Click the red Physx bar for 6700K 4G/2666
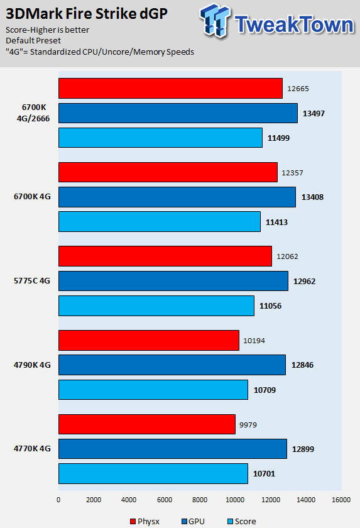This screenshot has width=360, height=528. coord(171,88)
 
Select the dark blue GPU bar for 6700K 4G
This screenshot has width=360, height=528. coord(177,197)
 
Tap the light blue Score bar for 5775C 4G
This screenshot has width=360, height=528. coord(156,305)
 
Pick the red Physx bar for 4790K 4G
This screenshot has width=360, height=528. coord(149,340)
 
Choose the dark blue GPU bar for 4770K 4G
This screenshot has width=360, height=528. coord(173,449)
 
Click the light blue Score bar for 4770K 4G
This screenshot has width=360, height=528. coord(153,473)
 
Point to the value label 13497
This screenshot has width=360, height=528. coord(314,114)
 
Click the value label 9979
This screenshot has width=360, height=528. coord(248,425)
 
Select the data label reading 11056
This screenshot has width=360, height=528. coord(271,306)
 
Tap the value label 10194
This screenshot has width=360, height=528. coord(254,341)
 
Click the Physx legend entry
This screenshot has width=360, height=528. coord(145,521)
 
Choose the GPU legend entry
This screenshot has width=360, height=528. coord(193,521)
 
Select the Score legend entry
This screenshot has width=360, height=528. coord(242,521)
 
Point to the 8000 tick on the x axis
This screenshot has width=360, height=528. coord(200,500)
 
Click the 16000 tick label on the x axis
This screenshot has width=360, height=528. coord(341,500)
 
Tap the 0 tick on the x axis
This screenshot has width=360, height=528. coord(58,500)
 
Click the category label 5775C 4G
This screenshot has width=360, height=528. coord(32,281)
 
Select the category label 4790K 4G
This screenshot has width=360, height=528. coord(32,365)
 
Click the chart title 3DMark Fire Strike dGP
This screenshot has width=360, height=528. coord(87,14)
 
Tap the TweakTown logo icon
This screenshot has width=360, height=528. coord(215,20)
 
